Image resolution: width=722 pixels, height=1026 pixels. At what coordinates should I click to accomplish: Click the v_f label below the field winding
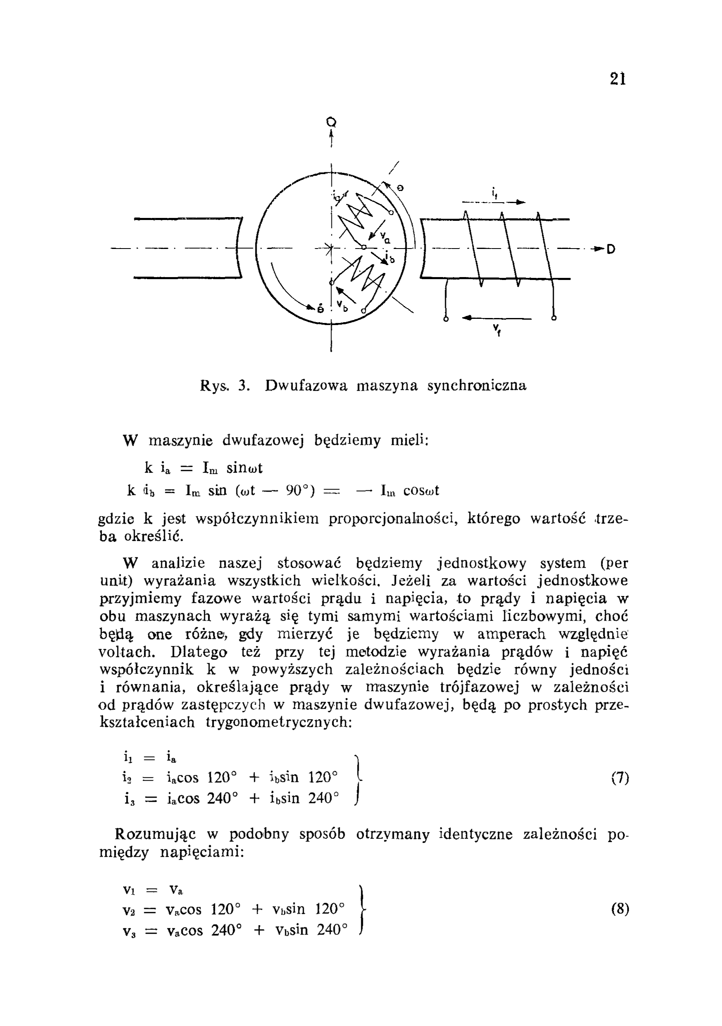pyautogui.click(x=496, y=331)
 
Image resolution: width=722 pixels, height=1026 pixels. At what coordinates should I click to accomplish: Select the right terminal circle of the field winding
pyautogui.click(x=554, y=318)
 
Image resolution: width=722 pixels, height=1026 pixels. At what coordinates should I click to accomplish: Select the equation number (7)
pyautogui.click(x=620, y=778)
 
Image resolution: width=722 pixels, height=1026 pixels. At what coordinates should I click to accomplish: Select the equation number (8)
pyautogui.click(x=620, y=909)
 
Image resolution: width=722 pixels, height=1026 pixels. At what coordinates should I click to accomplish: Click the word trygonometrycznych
pyautogui.click(x=279, y=722)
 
